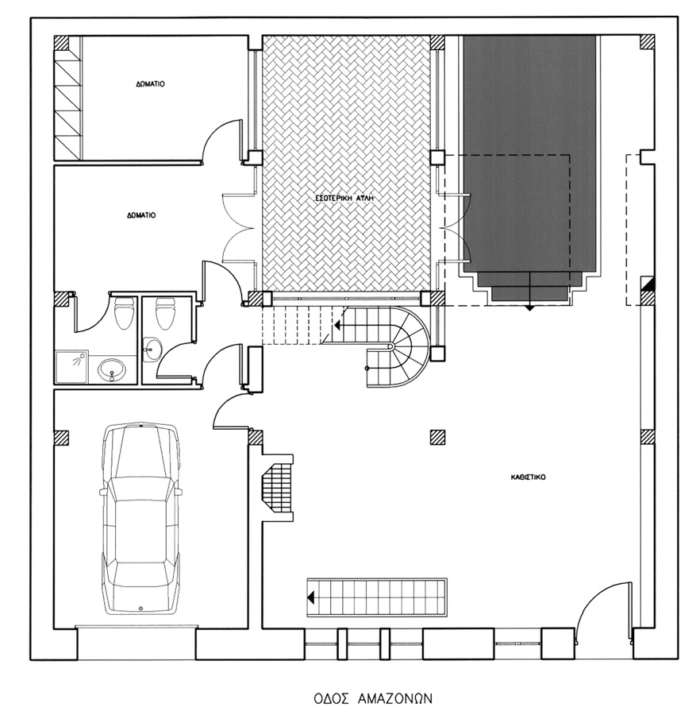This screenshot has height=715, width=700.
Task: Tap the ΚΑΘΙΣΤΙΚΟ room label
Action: [x=529, y=477]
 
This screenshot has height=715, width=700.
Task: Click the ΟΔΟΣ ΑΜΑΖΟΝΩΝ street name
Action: [x=373, y=698]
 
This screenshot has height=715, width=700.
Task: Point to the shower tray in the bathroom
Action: [x=72, y=366]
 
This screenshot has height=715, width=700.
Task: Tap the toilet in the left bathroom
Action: [x=124, y=313]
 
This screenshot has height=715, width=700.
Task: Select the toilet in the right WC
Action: [x=166, y=313]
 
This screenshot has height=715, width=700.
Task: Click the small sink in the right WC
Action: [x=152, y=350]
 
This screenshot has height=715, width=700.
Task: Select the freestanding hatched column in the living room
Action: [x=437, y=437]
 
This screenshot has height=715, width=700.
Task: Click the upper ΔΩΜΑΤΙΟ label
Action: [x=150, y=84]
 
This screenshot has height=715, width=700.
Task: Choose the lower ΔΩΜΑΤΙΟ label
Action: [x=141, y=215]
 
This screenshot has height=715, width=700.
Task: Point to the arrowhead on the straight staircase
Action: [x=311, y=597]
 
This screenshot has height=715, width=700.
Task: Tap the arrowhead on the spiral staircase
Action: [x=338, y=325]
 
